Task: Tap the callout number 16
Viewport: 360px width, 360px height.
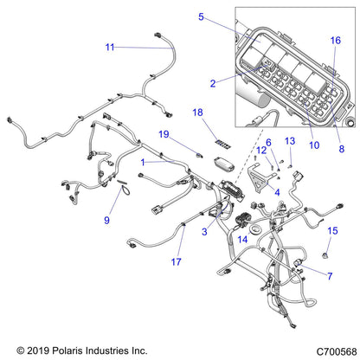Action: click(x=335, y=40)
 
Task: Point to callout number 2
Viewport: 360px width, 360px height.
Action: click(x=213, y=83)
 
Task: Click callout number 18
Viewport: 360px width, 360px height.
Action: click(x=197, y=113)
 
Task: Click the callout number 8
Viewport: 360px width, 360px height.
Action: click(x=341, y=149)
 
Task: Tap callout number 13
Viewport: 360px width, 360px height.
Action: click(x=290, y=140)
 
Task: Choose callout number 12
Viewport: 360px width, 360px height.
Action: click(x=260, y=151)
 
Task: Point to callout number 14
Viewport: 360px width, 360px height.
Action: click(x=242, y=239)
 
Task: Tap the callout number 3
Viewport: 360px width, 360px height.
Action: click(x=204, y=231)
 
